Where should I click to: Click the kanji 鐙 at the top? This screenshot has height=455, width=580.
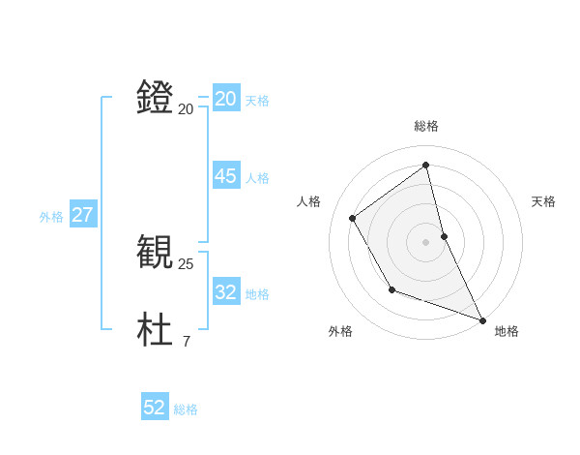tap(156, 98)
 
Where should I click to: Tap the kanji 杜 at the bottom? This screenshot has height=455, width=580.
tap(156, 330)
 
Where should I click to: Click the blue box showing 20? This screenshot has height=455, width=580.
tap(225, 99)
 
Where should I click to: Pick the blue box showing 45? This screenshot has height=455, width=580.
tap(225, 176)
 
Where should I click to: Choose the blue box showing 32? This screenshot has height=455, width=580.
tap(225, 292)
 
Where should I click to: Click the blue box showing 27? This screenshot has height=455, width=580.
tap(82, 215)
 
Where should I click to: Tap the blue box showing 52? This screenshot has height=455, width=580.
tap(155, 408)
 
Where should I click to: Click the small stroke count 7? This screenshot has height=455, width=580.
tap(187, 342)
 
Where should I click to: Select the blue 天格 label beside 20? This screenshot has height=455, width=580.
tap(257, 101)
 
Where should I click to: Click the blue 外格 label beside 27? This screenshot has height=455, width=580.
tap(51, 217)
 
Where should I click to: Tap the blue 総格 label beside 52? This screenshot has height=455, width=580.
tap(186, 409)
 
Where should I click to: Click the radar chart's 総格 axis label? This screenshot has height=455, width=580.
tap(426, 126)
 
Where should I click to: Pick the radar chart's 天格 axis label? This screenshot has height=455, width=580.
tap(544, 201)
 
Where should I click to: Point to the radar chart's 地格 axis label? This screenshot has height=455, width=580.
tap(507, 331)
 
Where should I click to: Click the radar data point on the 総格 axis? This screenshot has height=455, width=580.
tap(426, 165)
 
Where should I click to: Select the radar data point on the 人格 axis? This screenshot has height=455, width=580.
tap(353, 218)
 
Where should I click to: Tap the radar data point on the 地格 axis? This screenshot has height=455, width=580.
tap(482, 319)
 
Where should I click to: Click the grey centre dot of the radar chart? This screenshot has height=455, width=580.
tap(426, 241)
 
